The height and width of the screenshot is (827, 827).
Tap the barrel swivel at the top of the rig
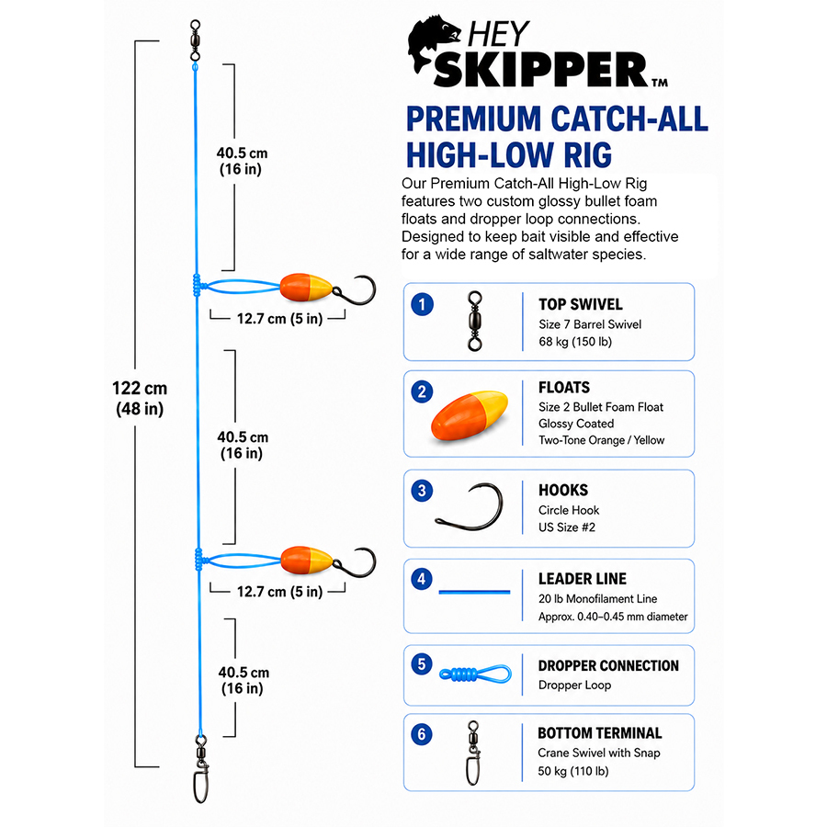tap(195, 40)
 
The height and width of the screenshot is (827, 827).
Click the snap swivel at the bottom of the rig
tap(201, 769)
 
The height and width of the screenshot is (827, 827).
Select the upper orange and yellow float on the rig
tap(306, 288)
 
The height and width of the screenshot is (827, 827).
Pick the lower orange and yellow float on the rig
tap(306, 561)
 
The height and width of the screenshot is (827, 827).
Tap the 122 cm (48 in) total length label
tap(140, 398)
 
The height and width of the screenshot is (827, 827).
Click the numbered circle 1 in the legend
tap(422, 304)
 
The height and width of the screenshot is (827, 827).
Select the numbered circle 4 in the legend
tap(422, 579)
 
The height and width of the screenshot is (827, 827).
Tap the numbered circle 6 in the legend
tap(422, 733)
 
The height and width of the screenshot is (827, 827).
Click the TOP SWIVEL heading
tap(580, 304)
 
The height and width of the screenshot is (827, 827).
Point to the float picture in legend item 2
tap(470, 415)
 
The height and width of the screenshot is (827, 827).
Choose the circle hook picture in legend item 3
tap(470, 507)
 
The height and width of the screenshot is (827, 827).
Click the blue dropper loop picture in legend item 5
tap(475, 674)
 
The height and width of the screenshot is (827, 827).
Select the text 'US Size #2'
tap(566, 527)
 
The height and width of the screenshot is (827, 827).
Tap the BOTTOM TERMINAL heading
tap(600, 733)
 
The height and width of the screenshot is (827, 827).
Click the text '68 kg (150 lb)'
tap(575, 342)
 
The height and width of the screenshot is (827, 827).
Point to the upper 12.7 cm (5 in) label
tap(279, 319)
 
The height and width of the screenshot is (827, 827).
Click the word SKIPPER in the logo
tap(540, 70)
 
